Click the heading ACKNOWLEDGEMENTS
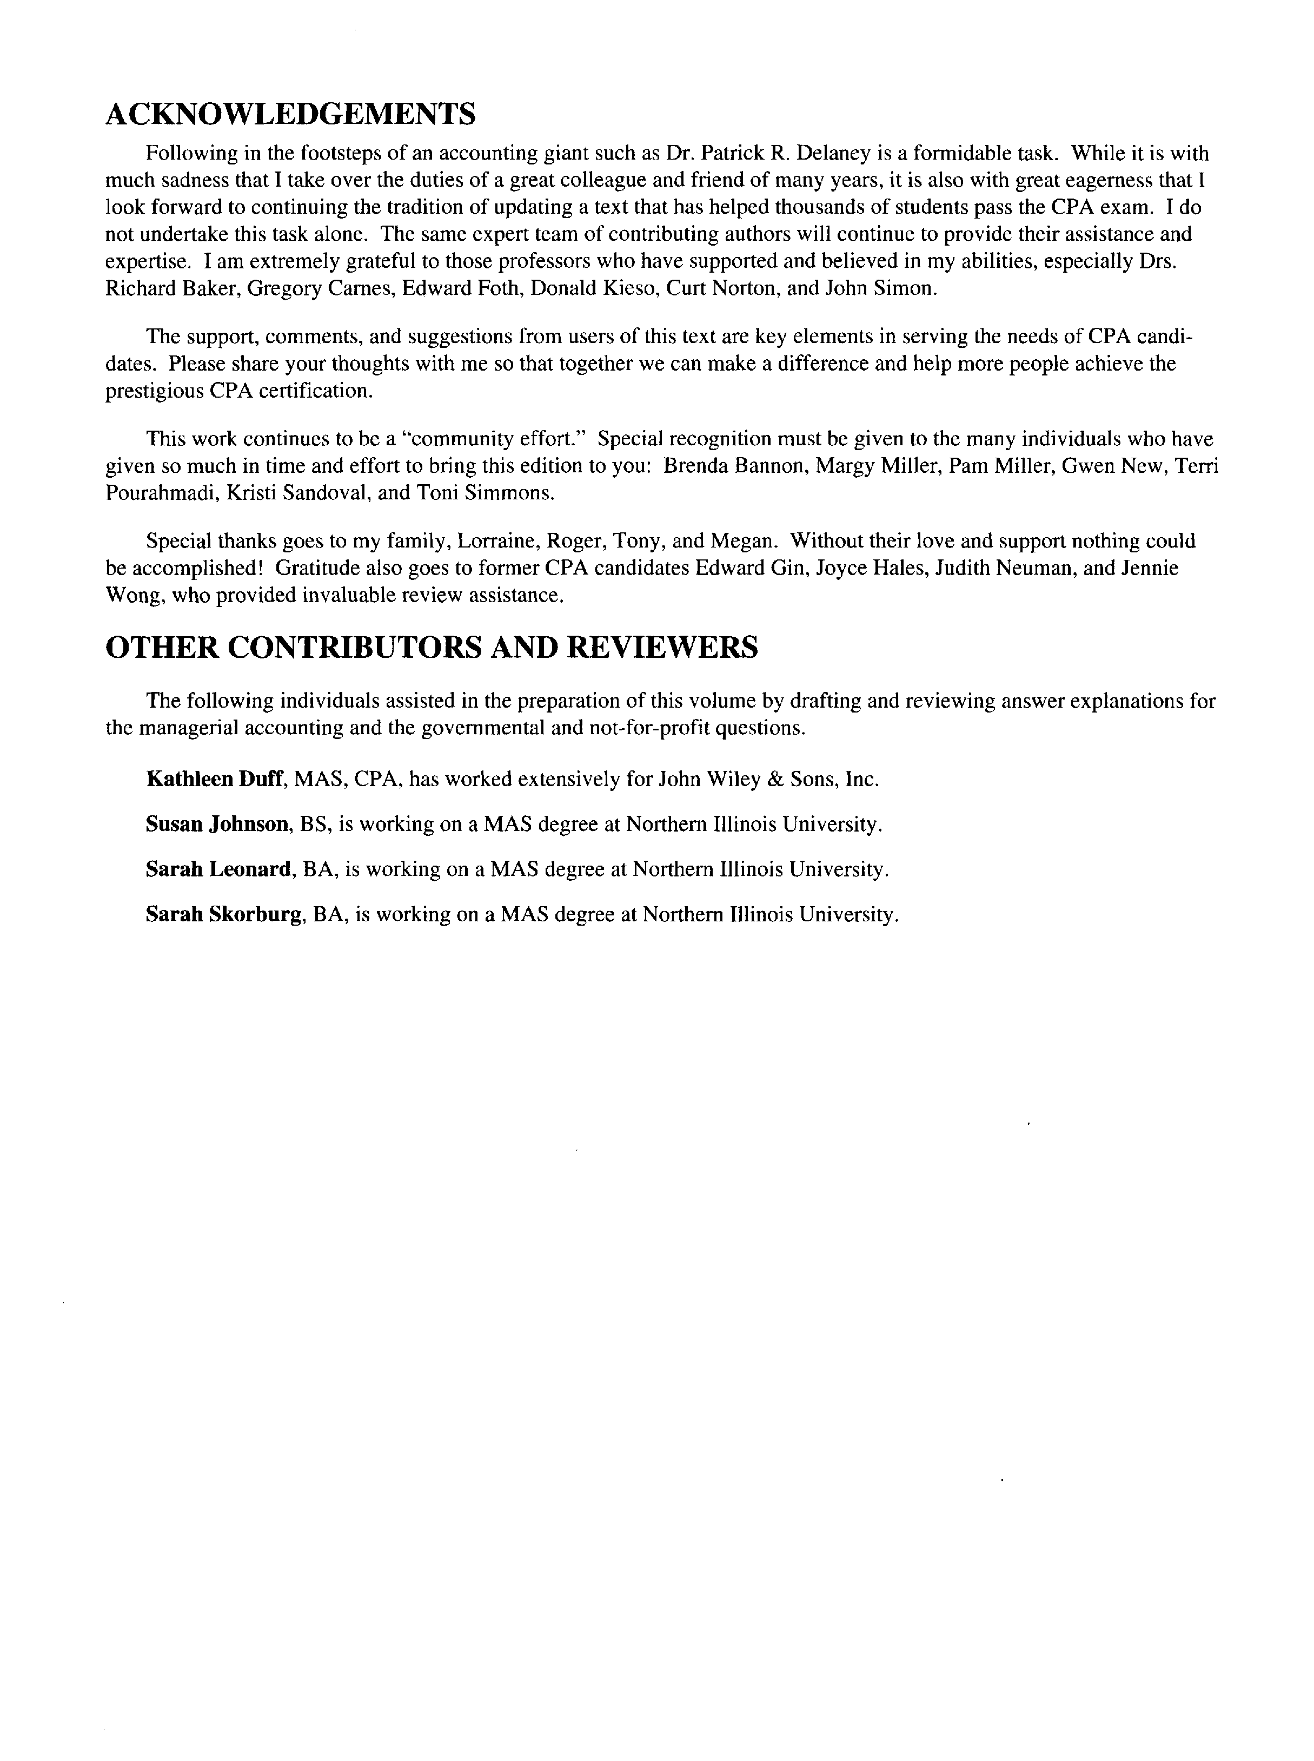(290, 115)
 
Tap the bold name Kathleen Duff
(214, 779)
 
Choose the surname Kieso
(630, 288)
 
